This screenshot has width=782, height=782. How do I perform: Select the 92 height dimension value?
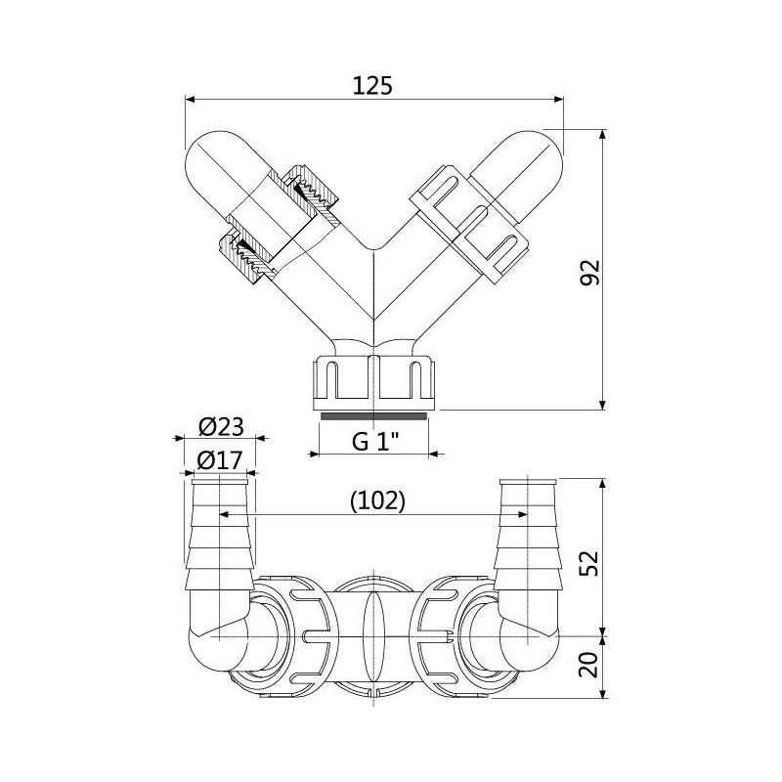(x=587, y=271)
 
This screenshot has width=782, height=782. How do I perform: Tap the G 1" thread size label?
(x=375, y=441)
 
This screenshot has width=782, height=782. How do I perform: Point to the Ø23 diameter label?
(x=220, y=426)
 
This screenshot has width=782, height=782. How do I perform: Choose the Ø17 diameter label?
(x=220, y=460)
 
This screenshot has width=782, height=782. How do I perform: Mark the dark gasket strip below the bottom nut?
(x=374, y=414)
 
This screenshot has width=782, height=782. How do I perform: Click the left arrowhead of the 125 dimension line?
(x=191, y=99)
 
